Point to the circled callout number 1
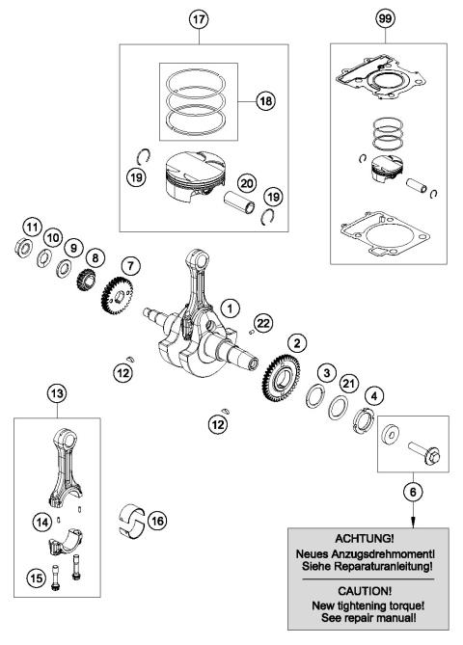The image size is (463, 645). tap(230, 307)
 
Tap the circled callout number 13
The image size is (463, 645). tap(57, 392)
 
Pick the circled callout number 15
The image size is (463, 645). tap(36, 579)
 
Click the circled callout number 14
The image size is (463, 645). tap(39, 522)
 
